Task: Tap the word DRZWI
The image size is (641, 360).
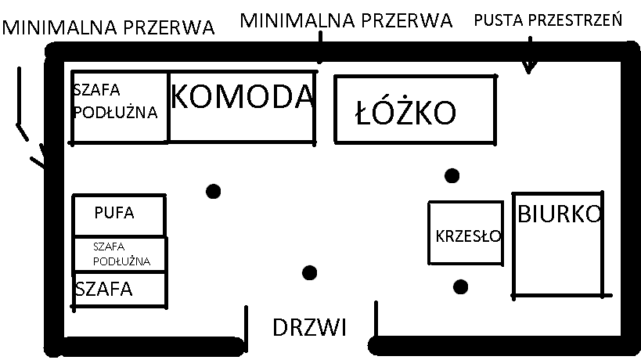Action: point(309,327)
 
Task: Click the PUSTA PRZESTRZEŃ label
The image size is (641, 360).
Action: point(548,20)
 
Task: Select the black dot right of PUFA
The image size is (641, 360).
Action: point(214,191)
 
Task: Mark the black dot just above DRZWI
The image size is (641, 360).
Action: point(309,272)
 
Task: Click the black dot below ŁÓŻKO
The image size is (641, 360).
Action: point(452,176)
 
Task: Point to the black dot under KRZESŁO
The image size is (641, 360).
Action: point(461,287)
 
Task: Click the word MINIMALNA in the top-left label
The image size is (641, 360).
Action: point(60,28)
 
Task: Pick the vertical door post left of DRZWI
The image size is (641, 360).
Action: point(246,328)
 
